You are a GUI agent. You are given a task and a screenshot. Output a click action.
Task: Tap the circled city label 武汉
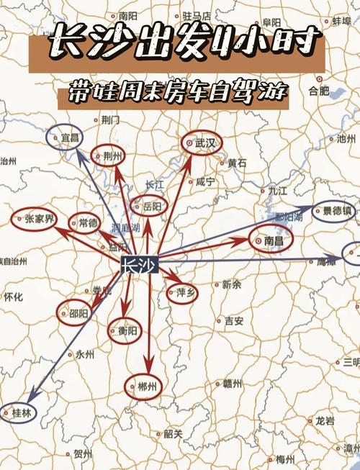coord(202,143)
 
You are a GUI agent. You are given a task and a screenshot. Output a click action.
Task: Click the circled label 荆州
coord(110,155)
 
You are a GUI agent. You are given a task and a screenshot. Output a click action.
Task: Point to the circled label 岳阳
coord(149,207)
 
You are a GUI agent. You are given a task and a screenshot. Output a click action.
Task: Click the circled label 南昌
coord(271,239)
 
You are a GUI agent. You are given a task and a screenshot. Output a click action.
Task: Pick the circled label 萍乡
coord(182,292)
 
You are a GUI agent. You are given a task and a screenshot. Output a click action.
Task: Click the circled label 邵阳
coord(76,313)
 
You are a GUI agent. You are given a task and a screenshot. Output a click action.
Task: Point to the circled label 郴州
coord(144,387)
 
